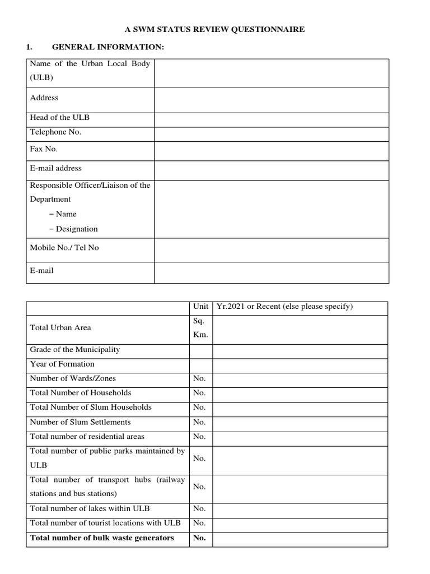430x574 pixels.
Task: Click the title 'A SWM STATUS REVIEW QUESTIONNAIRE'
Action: pos(214,30)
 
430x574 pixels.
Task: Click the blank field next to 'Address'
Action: pos(272,99)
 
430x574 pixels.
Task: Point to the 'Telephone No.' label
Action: pos(55,132)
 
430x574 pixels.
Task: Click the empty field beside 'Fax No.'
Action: pos(272,151)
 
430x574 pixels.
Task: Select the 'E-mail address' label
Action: pos(55,168)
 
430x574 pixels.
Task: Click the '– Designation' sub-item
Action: pos(73,229)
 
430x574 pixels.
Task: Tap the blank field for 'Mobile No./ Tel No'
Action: pos(272,249)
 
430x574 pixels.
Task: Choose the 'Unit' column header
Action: pos(200,307)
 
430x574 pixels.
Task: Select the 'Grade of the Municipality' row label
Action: pos(74,350)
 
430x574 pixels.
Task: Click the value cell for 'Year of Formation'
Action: pos(300,364)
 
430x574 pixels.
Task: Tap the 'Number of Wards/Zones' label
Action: pos(73,378)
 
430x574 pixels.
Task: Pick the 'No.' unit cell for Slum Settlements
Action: pos(199,422)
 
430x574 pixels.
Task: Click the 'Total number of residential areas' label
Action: pos(87,437)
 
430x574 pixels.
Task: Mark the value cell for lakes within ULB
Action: pos(300,509)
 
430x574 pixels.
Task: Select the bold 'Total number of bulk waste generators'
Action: pos(102,538)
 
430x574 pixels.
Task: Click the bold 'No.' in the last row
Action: pos(199,538)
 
